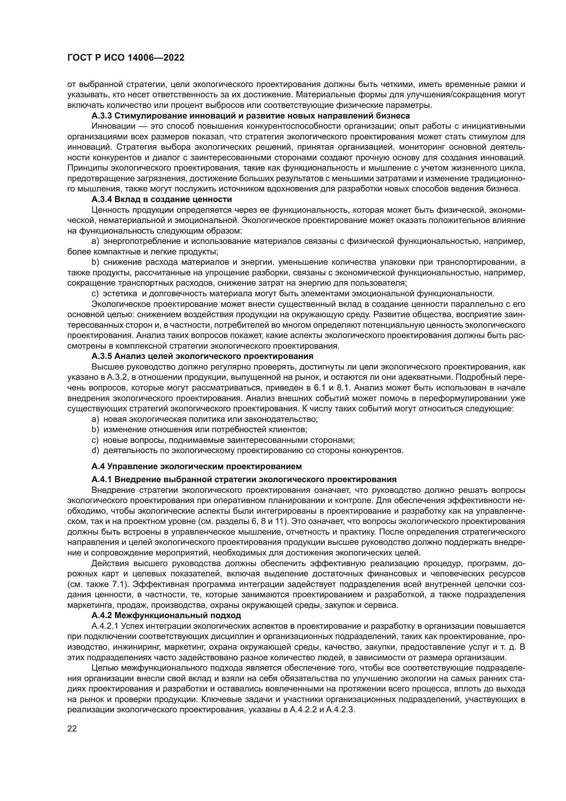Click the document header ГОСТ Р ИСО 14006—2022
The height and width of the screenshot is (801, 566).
(x=126, y=58)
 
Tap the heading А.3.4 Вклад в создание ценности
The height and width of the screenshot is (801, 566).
(x=162, y=200)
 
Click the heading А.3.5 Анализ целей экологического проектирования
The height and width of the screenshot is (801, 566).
(x=202, y=356)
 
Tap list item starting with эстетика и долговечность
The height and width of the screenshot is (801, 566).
(x=298, y=293)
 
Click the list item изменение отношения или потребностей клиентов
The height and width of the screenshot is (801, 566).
(x=205, y=429)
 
